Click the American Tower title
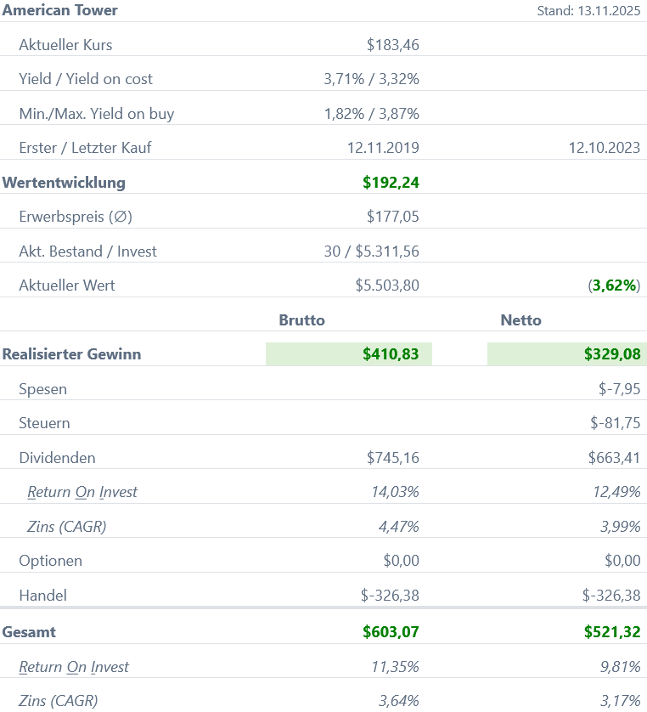click(x=60, y=10)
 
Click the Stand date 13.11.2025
click(x=588, y=11)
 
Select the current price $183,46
click(x=392, y=44)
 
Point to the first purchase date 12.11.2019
click(x=383, y=148)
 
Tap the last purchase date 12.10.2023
click(x=604, y=148)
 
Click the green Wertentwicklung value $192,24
click(x=391, y=182)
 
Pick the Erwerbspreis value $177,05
click(x=392, y=217)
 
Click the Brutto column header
click(x=302, y=320)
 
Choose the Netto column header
click(x=521, y=320)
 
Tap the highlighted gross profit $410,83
click(x=391, y=354)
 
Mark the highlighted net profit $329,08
click(x=612, y=354)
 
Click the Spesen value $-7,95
click(x=619, y=389)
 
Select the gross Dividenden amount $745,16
click(x=392, y=458)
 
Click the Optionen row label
click(x=51, y=561)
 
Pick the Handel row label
click(x=42, y=596)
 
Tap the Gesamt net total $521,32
click(x=612, y=632)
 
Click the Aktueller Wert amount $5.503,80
click(x=387, y=285)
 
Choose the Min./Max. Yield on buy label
click(x=97, y=113)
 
